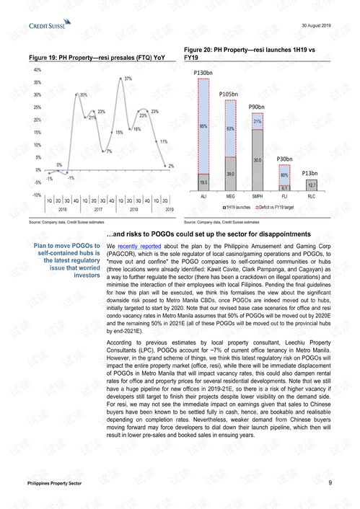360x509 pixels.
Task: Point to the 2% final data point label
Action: (x=170, y=166)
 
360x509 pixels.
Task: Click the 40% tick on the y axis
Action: (x=37, y=70)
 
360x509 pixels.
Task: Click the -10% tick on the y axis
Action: (x=36, y=195)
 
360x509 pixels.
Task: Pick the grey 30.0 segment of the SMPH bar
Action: (x=256, y=160)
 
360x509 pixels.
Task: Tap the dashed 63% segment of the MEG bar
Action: (x=230, y=128)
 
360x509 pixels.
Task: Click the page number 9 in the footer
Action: (x=330, y=482)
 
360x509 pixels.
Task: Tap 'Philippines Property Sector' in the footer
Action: (x=60, y=483)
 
